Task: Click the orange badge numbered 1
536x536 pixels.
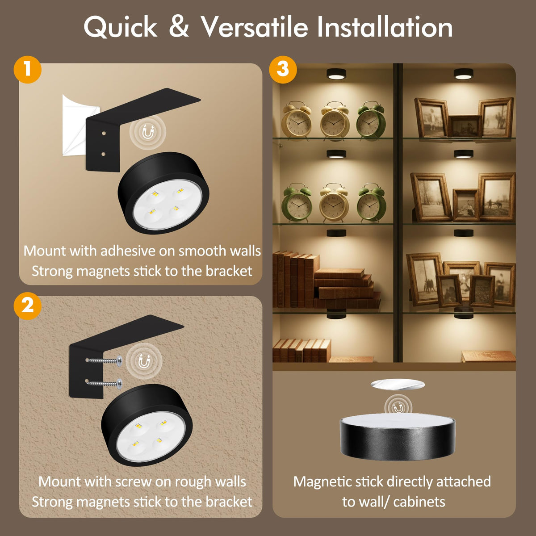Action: point(28,69)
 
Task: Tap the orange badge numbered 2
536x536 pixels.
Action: point(28,306)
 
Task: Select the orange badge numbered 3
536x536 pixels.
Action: point(283,69)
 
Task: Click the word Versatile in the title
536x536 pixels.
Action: point(254,27)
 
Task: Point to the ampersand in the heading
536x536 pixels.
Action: point(179,27)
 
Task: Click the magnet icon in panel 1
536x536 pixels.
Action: point(148,132)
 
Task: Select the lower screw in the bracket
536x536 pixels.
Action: point(105,384)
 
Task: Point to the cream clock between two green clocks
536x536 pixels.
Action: point(334,202)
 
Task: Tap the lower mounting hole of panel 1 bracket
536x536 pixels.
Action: point(104,154)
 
